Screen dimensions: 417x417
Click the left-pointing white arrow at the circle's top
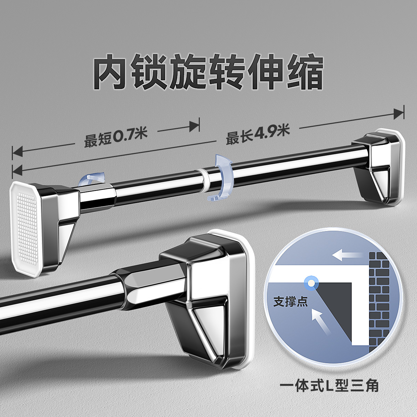pos(347,255)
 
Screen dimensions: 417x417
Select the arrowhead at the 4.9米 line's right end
pos(398,114)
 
